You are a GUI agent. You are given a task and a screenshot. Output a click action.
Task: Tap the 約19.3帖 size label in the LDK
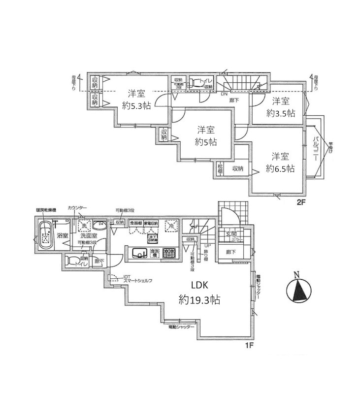pos(199,299)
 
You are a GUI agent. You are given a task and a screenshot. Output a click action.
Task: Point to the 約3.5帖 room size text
pos(281,113)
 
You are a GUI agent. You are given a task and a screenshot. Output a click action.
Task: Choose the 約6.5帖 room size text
pos(280,168)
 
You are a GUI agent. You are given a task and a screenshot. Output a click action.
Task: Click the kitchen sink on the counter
pos(140,254)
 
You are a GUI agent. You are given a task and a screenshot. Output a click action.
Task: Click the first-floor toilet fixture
pos(71,261)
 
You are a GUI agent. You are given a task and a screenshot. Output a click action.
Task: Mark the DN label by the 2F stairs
pos(224,94)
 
